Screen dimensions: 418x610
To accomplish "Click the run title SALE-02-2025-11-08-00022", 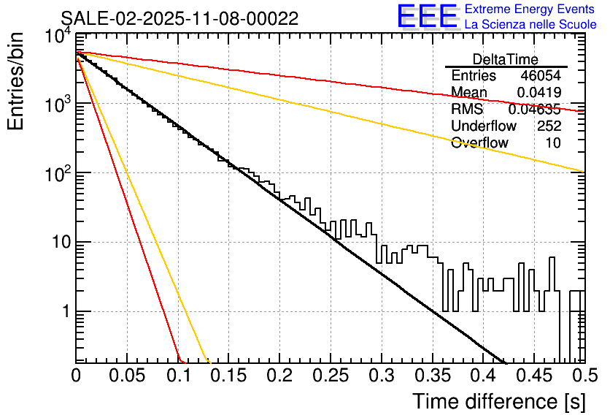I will pos(179,19).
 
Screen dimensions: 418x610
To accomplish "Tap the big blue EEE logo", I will pos(427,16).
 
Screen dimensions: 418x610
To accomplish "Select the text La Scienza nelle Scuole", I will pos(530,25).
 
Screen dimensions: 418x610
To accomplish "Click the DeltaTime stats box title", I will pos(506,59).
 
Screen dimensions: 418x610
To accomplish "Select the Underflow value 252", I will pos(549,126).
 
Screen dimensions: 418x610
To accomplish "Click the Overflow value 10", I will pos(553,143).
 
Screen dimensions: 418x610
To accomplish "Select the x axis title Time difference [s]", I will pos(499,401).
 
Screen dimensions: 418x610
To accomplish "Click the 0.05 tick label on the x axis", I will pos(127,376).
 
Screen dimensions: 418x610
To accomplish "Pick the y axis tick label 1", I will pos(64,311).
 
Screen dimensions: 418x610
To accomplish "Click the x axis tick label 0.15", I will pos(228,376).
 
